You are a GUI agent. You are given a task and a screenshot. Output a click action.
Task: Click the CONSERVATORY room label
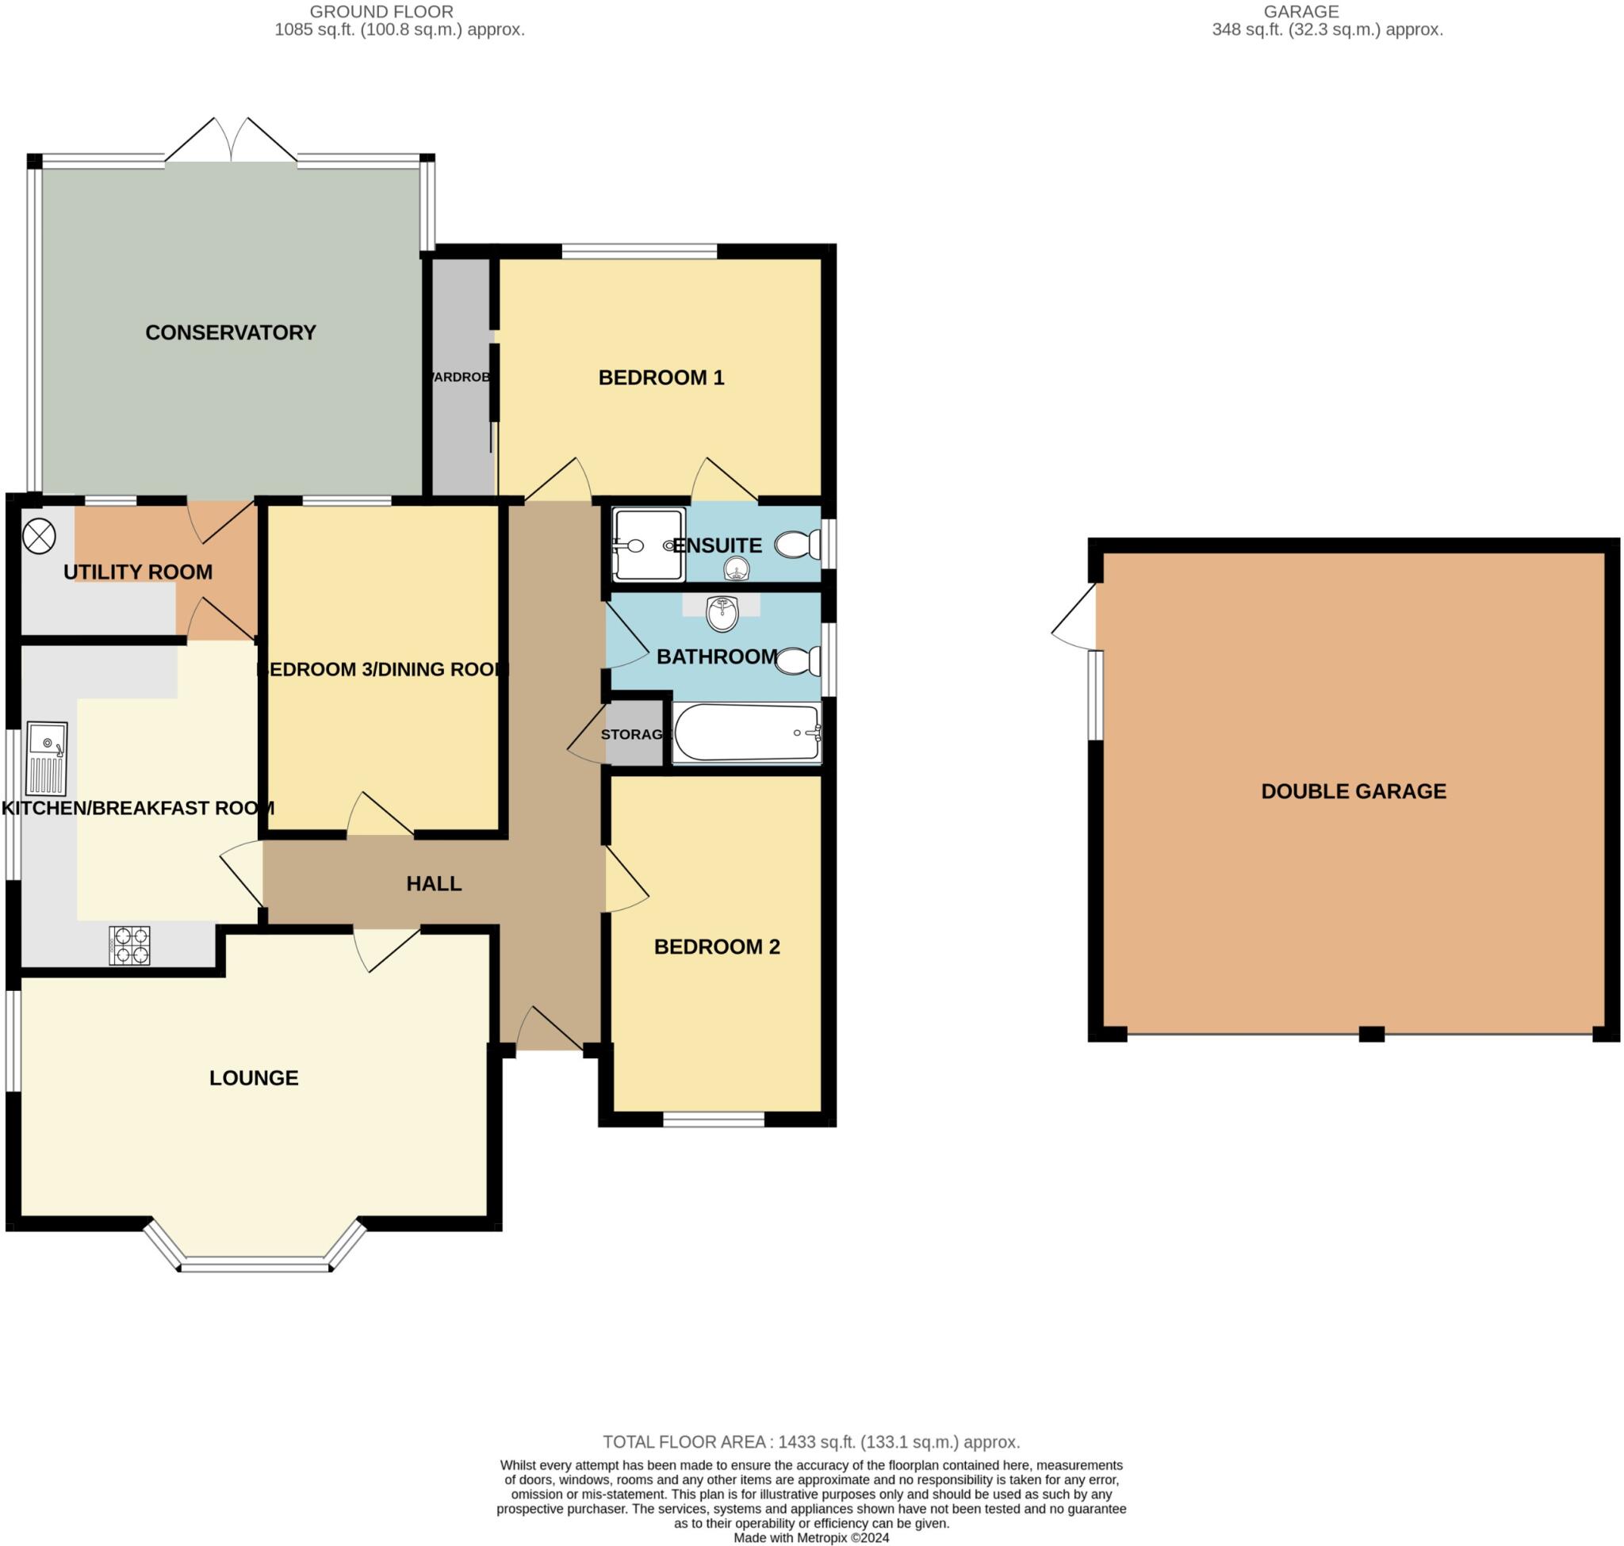pyautogui.click(x=230, y=332)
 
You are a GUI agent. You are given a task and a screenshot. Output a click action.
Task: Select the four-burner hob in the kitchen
pyautogui.click(x=129, y=945)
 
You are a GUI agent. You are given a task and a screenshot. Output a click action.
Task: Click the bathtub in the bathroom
pyautogui.click(x=746, y=733)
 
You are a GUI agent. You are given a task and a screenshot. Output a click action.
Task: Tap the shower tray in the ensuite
pyautogui.click(x=648, y=545)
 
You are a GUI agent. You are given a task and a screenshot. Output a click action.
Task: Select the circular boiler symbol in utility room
pyautogui.click(x=39, y=538)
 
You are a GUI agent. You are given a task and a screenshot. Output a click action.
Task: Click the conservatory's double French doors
pyautogui.click(x=232, y=141)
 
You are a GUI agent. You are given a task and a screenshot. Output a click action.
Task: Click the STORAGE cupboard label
pyautogui.click(x=632, y=734)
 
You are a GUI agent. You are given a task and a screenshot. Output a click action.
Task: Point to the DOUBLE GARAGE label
pyautogui.click(x=1353, y=791)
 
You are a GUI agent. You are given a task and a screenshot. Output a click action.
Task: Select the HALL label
pyautogui.click(x=434, y=883)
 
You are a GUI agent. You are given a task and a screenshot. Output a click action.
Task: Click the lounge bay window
pyautogui.click(x=255, y=1262)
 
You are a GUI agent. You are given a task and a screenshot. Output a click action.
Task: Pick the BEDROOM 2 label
pyautogui.click(x=715, y=947)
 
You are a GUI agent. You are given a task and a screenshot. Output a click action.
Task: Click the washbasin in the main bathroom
pyautogui.click(x=722, y=614)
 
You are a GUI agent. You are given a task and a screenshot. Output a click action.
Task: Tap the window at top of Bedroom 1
pyautogui.click(x=638, y=251)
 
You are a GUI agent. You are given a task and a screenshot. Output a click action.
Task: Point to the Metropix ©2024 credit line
pyautogui.click(x=810, y=1538)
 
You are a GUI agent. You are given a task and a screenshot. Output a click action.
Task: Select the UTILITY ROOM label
pyautogui.click(x=138, y=572)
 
